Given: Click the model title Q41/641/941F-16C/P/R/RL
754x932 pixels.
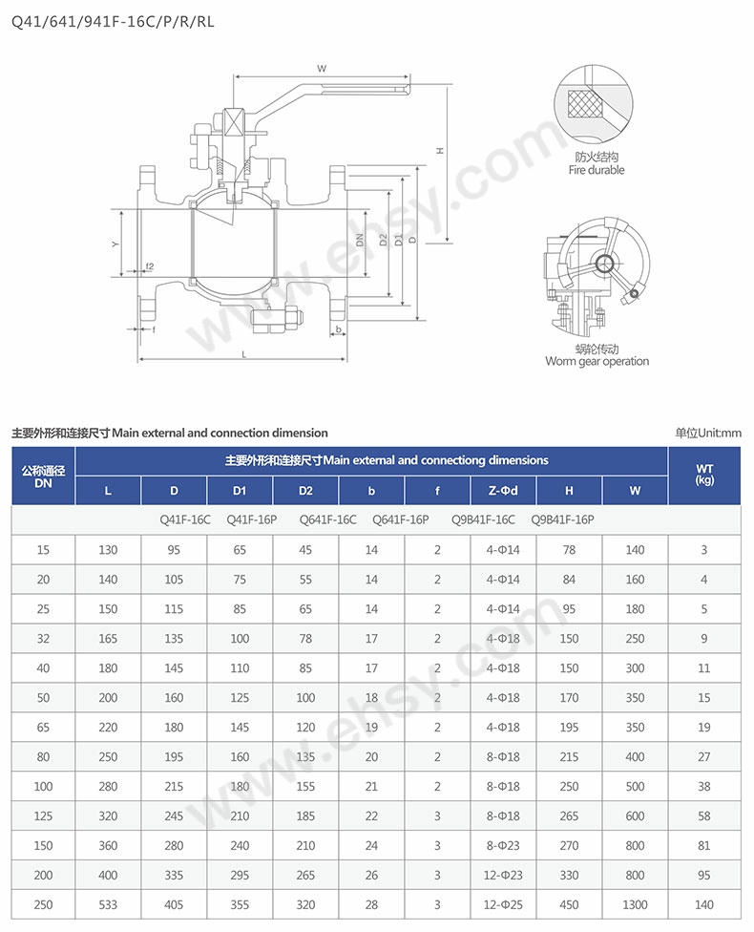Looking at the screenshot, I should point(113,20).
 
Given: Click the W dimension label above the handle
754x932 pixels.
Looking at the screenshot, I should point(322,68).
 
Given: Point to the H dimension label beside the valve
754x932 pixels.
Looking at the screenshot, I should point(440,150).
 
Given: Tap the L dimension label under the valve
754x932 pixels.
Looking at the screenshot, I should point(243,353).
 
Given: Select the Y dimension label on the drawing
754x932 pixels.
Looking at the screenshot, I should point(115,245).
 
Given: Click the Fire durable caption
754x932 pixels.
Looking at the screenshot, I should point(597,170).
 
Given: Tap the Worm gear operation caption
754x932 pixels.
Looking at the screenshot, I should point(597,361).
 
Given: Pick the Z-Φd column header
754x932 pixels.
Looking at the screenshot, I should point(502,491).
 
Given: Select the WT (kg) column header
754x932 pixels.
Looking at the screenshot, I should point(705,475).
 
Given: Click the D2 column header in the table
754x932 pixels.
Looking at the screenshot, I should point(305,491).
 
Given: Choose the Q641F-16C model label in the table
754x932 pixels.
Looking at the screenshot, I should point(327,519).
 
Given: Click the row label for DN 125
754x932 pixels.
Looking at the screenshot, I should point(43,815).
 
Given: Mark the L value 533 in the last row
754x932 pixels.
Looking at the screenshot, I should point(108,904).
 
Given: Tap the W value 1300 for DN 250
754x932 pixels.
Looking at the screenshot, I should point(635,904).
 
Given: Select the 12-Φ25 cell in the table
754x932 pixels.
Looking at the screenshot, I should point(502,904).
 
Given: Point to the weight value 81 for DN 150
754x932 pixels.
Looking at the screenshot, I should point(704,845).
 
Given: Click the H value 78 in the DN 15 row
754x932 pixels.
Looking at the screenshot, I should point(569,550).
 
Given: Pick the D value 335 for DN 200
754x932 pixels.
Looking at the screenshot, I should point(174,875).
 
